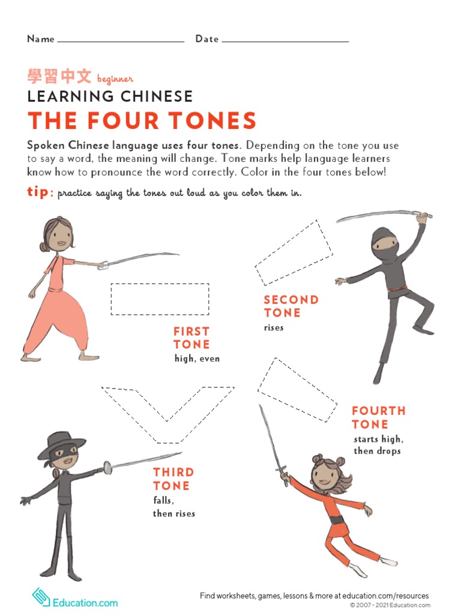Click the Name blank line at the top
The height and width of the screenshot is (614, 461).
tap(120, 41)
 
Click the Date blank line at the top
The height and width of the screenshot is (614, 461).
tap(285, 41)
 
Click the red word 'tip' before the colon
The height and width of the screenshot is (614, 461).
tap(38, 192)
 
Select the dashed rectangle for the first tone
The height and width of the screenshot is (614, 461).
tap(160, 299)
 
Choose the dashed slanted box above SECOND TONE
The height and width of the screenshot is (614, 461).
tap(294, 252)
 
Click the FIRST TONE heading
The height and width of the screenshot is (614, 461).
tap(191, 338)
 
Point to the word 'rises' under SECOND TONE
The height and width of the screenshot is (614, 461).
tap(274, 328)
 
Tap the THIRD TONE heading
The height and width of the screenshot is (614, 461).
tap(173, 479)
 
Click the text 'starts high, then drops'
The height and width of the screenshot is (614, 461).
tap(378, 445)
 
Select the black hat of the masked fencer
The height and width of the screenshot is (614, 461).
tap(62, 441)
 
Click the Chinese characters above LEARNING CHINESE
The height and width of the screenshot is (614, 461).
tap(59, 77)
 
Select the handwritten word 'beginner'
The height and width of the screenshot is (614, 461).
tap(115, 79)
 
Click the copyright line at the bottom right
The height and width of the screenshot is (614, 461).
tap(390, 606)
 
